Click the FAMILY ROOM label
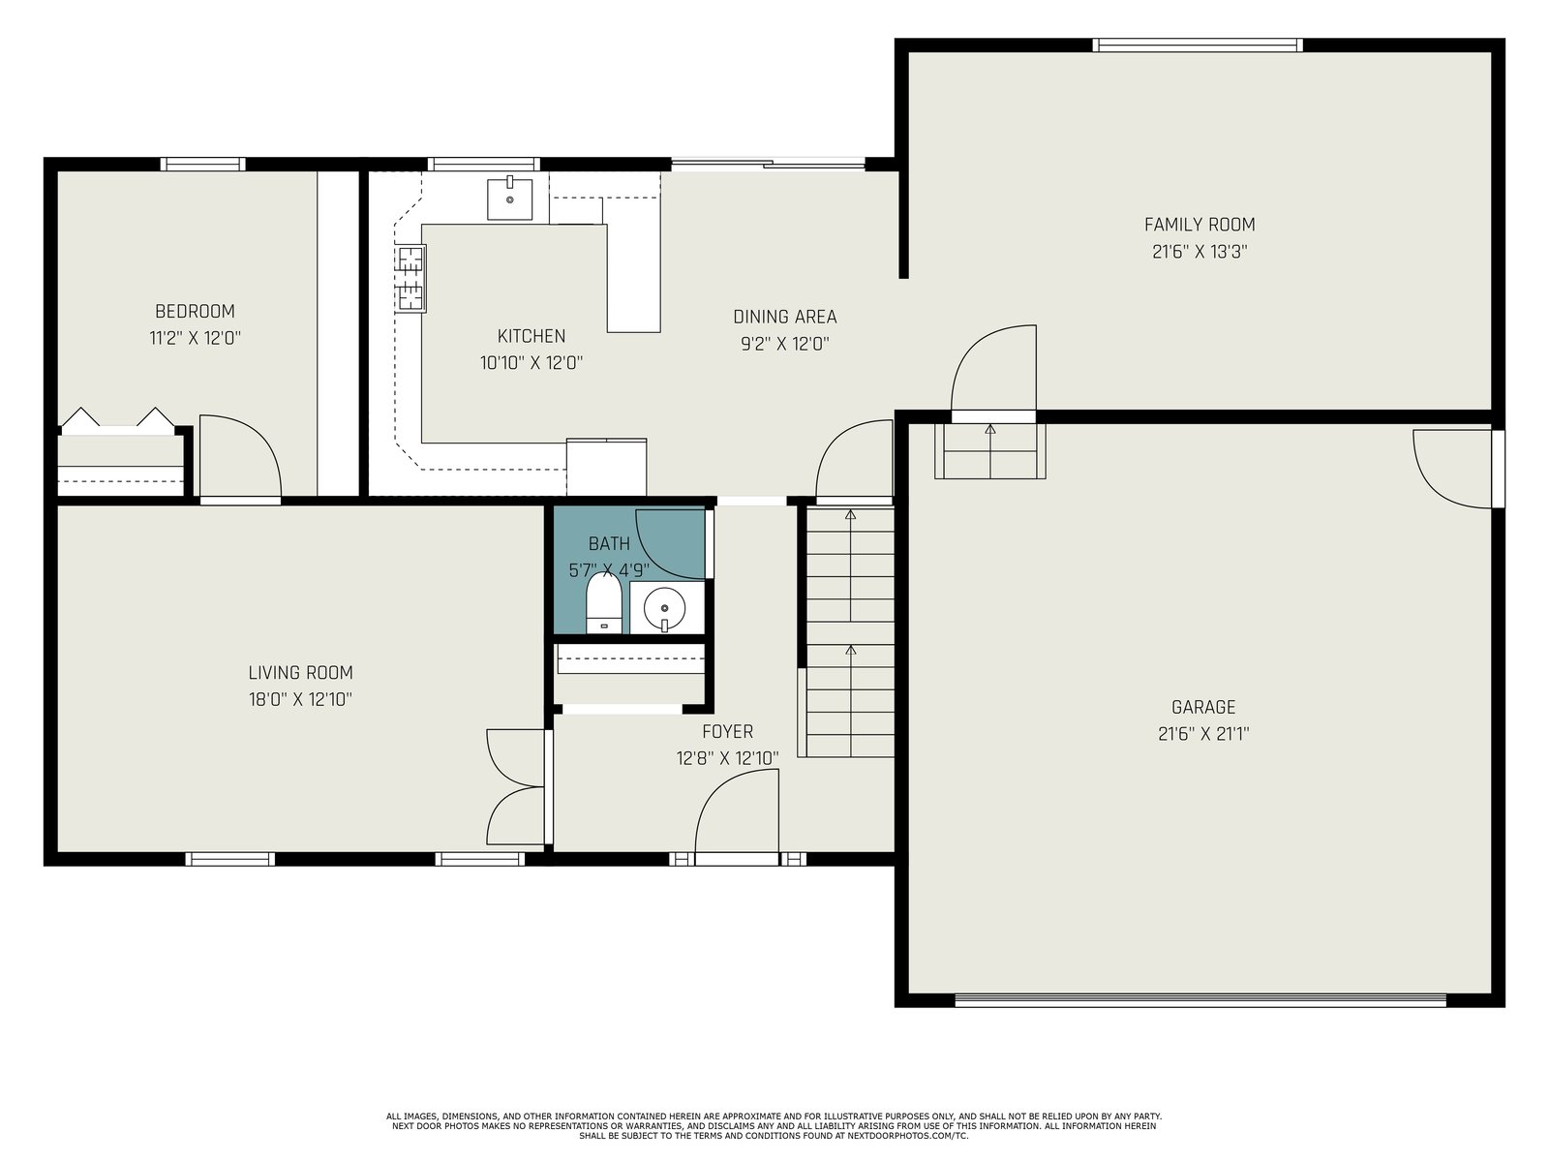(x=1200, y=225)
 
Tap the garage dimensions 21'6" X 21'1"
(x=1203, y=734)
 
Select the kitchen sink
(x=509, y=199)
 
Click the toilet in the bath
(x=603, y=603)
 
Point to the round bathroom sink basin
(x=665, y=607)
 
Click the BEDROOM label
(x=195, y=311)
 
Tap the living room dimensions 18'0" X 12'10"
(x=300, y=699)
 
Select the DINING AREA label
(x=785, y=317)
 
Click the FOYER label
(x=728, y=731)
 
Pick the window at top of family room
(x=1198, y=46)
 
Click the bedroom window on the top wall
(x=203, y=165)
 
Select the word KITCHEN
(x=532, y=336)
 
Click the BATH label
(x=609, y=543)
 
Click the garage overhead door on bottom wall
(x=1200, y=999)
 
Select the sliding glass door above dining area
(x=768, y=165)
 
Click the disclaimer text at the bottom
(x=774, y=1126)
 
